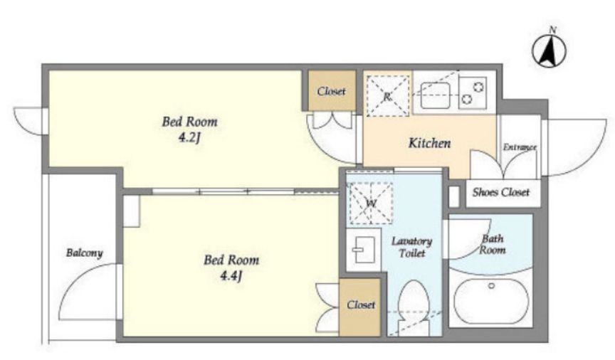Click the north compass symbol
tap(549, 51)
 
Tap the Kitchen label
tap(429, 143)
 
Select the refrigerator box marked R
tap(387, 96)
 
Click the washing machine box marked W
tap(371, 203)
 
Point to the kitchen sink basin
tap(435, 95)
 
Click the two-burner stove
tap(473, 92)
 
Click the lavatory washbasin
tap(363, 250)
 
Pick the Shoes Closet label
tap(501, 192)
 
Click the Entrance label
tap(520, 147)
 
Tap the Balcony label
tap(84, 253)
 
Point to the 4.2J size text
tap(190, 138)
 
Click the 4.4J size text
tap(231, 277)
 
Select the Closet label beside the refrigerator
tap(332, 91)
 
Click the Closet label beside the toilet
tap(361, 305)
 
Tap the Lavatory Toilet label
tap(412, 247)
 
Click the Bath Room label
tap(493, 244)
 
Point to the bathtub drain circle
tap(491, 286)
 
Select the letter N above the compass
tap(553, 29)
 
